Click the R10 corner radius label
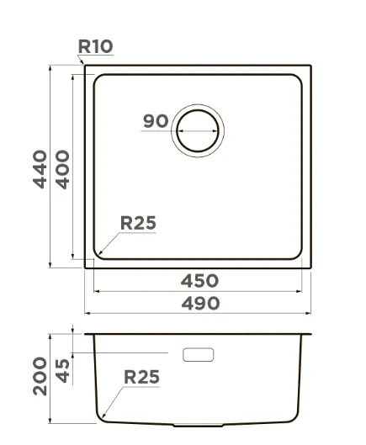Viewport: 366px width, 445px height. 95,46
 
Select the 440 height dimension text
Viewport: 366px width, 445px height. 40,169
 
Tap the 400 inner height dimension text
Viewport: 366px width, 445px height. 62,169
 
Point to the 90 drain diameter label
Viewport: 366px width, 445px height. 156,121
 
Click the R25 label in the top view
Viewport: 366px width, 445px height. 138,223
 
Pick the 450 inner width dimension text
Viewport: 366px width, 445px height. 199,281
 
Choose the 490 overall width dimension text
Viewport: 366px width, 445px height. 200,303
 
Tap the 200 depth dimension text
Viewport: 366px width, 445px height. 40,376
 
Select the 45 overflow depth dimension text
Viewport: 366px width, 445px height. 62,371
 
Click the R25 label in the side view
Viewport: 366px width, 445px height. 141,377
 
